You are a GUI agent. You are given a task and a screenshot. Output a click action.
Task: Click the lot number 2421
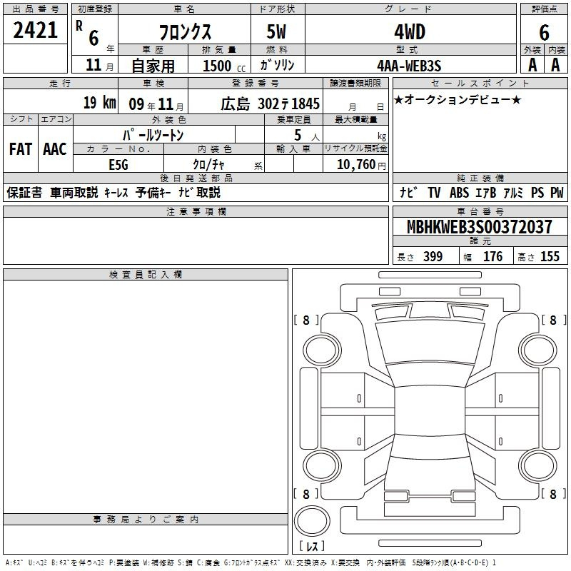35,30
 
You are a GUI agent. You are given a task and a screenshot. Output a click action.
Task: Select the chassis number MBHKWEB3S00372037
479,227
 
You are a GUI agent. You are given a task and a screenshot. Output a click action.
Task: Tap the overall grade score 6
544,33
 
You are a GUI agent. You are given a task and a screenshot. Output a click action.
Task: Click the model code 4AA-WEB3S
409,66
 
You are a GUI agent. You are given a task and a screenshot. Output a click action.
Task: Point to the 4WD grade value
410,32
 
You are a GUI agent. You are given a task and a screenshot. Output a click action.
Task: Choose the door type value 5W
276,31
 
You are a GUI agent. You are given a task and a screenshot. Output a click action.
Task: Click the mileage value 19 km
99,103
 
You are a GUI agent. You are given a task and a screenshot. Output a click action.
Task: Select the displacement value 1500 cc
224,66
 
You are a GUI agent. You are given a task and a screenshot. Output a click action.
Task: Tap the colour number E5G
118,165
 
